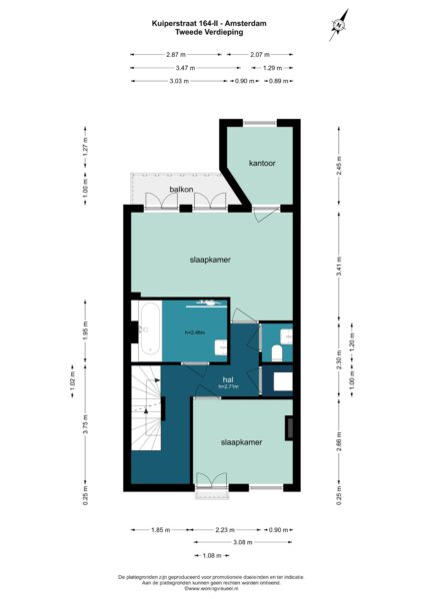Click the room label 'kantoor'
[262, 162]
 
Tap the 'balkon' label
[180, 188]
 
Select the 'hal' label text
[227, 379]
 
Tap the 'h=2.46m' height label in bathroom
[194, 332]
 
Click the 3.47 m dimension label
[177, 67]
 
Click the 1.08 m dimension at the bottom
[211, 555]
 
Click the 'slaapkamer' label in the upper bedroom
[210, 260]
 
